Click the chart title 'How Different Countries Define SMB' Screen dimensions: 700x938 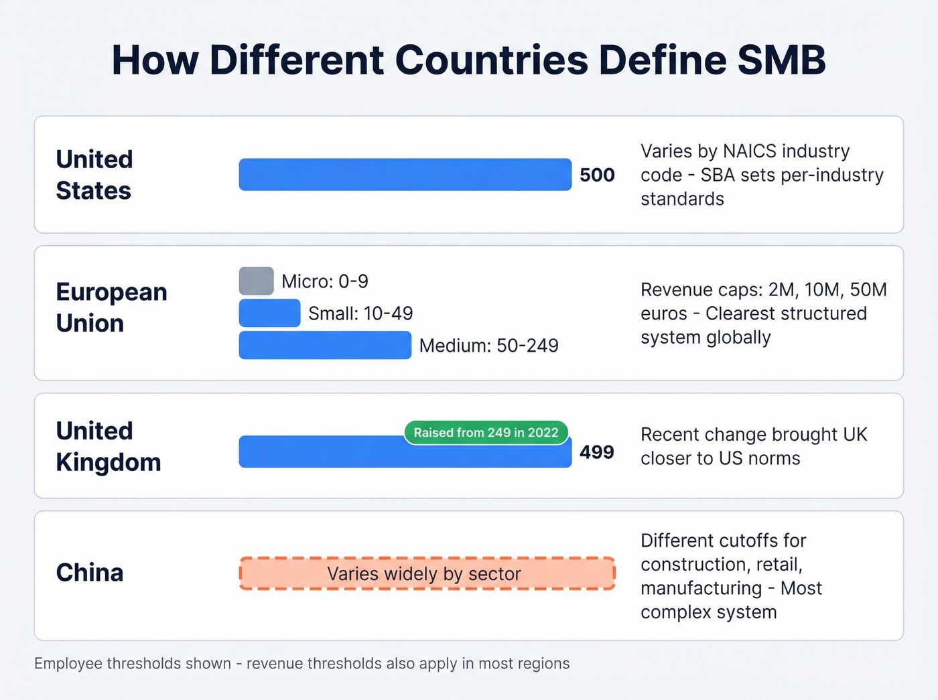pyautogui.click(x=468, y=60)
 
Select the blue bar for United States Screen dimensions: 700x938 pyautogui.click(x=405, y=175)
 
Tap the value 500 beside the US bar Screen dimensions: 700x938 pyautogui.click(x=597, y=175)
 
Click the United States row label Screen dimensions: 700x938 pyautogui.click(x=94, y=175)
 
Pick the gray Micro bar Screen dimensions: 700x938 pyautogui.click(x=256, y=281)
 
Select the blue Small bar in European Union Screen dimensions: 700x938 pyautogui.click(x=269, y=313)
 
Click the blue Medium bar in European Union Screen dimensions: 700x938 pyautogui.click(x=325, y=346)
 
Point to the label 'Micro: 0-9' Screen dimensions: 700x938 pyautogui.click(x=325, y=281)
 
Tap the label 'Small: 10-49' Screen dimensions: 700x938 pyautogui.click(x=360, y=313)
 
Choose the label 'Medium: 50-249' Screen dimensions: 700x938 pyautogui.click(x=488, y=346)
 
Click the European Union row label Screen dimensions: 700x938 pyautogui.click(x=111, y=307)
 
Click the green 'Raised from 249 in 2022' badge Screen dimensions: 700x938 pyautogui.click(x=486, y=433)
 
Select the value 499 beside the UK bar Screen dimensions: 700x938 pyautogui.click(x=597, y=452)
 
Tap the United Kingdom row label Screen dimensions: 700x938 pyautogui.click(x=109, y=446)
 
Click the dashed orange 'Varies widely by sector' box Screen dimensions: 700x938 pyautogui.click(x=427, y=574)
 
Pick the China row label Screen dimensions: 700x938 pyautogui.click(x=90, y=573)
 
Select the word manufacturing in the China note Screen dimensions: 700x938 pyautogui.click(x=701, y=588)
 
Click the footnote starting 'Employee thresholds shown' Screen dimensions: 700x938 pyautogui.click(x=301, y=664)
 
